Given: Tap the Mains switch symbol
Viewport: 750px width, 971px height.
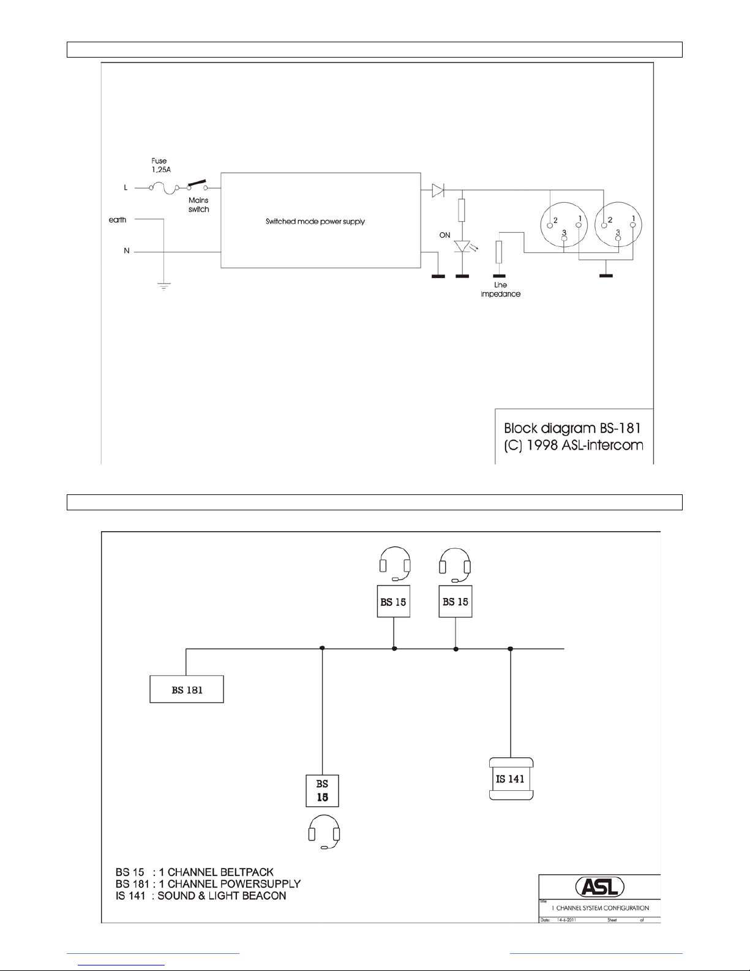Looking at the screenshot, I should coord(197,185).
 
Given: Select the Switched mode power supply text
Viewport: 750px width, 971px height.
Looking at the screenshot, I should coord(315,221).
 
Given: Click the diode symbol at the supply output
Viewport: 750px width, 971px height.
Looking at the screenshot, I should coord(438,191).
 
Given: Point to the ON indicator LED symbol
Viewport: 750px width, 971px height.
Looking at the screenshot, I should coord(462,247).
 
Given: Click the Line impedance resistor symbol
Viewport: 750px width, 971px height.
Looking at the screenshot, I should coord(500,251).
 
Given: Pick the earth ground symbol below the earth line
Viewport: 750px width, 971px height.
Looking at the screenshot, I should coord(163,285).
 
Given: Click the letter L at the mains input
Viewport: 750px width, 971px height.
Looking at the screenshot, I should coord(126,187).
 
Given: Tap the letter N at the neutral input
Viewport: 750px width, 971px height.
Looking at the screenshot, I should coord(127,251).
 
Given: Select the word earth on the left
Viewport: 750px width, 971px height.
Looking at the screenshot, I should coord(118,220).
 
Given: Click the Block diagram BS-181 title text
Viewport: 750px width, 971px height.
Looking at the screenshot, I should coord(572,428).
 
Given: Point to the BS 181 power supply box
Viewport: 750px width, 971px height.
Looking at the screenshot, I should coord(187,690).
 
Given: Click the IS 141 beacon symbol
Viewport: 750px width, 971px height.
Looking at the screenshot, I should coord(511,779).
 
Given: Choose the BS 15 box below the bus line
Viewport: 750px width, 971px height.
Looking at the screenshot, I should coord(322,790).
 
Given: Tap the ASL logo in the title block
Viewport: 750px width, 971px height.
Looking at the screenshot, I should coord(599,886).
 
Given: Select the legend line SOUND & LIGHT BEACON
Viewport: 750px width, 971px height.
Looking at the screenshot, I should coord(201,896).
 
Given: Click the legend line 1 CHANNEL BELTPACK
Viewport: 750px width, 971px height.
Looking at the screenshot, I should coord(194,872).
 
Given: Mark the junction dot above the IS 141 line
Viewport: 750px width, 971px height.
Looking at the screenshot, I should coord(510,649).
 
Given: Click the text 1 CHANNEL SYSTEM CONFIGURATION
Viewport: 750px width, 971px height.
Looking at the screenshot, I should coord(600,908).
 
